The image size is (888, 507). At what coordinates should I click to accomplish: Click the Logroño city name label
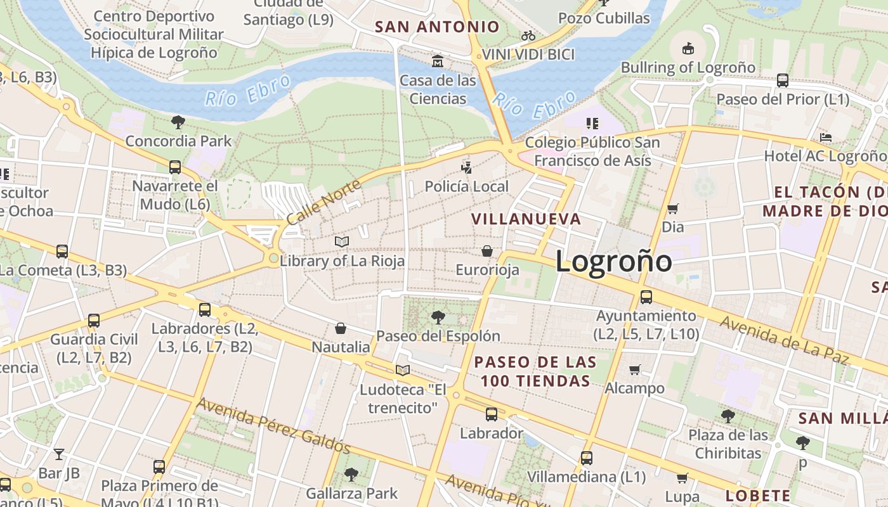click(613, 261)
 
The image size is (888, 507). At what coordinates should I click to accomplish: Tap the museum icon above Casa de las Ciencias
click(438, 61)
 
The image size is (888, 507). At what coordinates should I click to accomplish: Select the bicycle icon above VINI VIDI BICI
click(528, 35)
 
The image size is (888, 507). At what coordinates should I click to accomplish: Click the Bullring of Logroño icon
click(688, 48)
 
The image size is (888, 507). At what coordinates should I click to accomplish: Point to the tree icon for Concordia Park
click(178, 122)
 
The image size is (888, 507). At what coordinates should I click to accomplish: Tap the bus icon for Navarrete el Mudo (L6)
click(175, 167)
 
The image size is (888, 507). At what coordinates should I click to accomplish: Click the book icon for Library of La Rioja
click(342, 241)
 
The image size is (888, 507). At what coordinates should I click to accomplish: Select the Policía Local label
click(467, 186)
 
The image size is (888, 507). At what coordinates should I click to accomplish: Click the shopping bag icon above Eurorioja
click(487, 252)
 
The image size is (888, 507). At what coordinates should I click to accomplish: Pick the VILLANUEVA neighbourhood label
click(526, 219)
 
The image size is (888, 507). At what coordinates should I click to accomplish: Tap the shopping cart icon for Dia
click(673, 209)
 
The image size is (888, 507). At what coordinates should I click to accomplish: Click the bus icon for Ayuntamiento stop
click(646, 297)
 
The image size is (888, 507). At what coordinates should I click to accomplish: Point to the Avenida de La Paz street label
click(784, 340)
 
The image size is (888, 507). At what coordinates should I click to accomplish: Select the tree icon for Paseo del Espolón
click(438, 317)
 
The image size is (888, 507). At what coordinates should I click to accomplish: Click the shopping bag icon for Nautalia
click(341, 328)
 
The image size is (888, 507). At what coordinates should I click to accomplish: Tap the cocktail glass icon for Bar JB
click(59, 454)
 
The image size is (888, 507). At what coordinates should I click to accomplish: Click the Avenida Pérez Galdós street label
click(273, 425)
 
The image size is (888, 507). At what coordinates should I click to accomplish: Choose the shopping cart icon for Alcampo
click(634, 369)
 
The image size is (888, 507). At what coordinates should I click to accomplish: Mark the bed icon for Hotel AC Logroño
click(825, 137)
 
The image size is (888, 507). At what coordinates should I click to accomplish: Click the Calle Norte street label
click(323, 202)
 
